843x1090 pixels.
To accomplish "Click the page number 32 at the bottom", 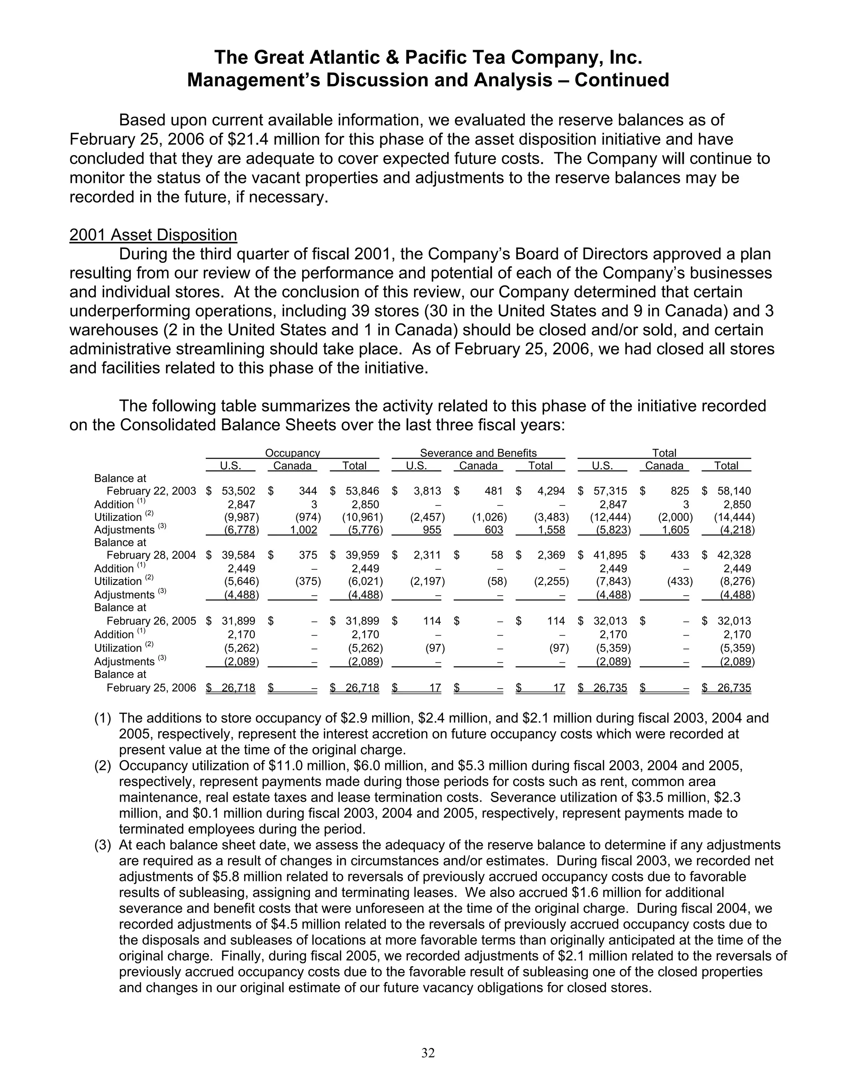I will click(x=428, y=1053).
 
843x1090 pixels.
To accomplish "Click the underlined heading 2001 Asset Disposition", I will click(x=153, y=234).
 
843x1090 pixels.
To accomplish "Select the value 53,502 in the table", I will click(x=238, y=491).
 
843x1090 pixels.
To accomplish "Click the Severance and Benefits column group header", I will click(x=478, y=453).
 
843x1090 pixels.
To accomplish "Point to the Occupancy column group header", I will click(x=292, y=453).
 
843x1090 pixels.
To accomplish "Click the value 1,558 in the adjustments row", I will click(x=551, y=529).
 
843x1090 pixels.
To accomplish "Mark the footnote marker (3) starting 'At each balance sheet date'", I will click(x=102, y=845).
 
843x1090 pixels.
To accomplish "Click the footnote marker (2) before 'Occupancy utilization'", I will click(x=102, y=765).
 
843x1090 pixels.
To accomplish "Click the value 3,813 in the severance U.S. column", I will click(x=427, y=491).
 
